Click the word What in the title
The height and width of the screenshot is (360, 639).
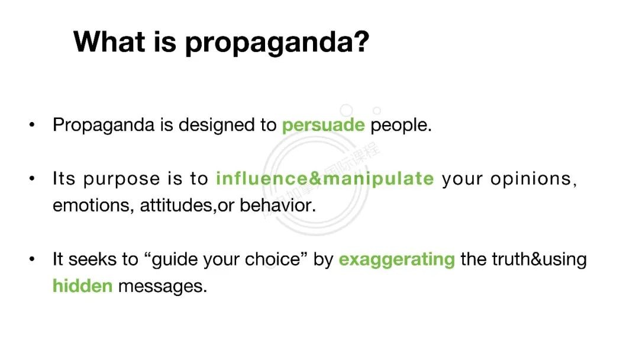(109, 41)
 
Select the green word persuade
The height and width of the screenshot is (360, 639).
(323, 125)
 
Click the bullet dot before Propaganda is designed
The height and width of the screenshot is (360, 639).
(32, 125)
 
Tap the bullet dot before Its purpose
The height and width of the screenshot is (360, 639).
(32, 178)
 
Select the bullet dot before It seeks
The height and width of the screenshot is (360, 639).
(32, 259)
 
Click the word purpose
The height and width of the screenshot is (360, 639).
(121, 179)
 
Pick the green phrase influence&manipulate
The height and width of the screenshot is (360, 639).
(325, 179)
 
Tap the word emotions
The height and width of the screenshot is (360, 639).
(91, 205)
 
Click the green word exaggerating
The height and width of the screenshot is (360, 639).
(396, 260)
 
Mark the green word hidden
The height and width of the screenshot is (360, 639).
(82, 286)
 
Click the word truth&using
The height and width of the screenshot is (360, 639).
(539, 260)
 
